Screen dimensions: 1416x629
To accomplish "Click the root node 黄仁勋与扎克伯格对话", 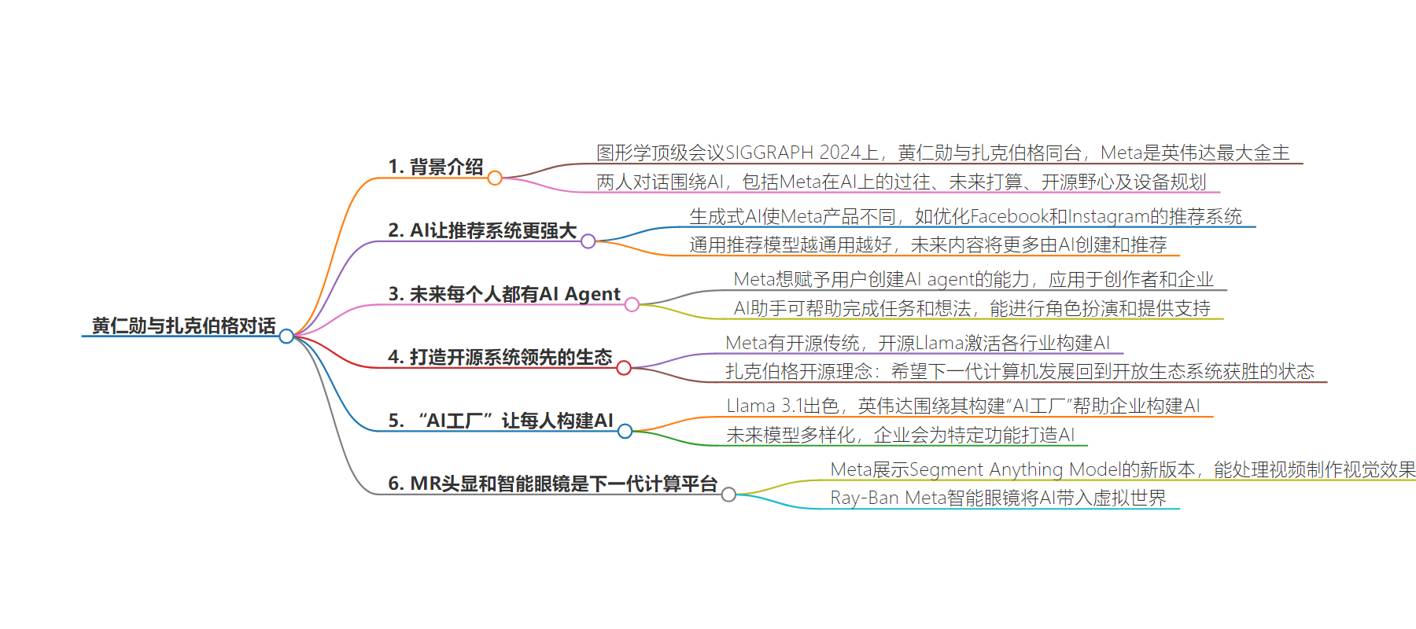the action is (x=184, y=326).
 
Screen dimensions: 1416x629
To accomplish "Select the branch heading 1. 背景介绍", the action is (x=436, y=167).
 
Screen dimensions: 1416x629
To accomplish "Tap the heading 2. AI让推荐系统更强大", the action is (x=482, y=230).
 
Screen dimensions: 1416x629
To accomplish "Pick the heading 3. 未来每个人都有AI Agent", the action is (x=504, y=294).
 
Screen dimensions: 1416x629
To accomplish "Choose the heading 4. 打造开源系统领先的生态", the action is (x=500, y=357).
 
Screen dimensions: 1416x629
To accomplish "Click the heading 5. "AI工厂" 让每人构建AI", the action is (x=501, y=421).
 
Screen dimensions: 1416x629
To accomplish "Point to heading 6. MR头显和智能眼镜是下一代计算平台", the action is (x=553, y=484).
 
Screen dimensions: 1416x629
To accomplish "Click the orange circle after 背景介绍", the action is (x=495, y=178).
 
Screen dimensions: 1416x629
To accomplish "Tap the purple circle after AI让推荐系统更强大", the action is (x=588, y=241).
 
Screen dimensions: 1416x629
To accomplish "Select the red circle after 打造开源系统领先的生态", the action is (x=624, y=368).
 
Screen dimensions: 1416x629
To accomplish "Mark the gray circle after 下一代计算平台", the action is (x=729, y=495).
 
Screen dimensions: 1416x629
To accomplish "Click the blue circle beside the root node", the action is (x=286, y=337).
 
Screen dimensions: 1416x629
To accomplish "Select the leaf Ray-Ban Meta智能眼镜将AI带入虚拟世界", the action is (x=998, y=498).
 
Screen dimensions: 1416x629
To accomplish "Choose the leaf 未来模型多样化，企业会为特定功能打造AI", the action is (x=901, y=435).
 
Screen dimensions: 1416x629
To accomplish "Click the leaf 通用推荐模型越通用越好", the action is (x=791, y=245).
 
